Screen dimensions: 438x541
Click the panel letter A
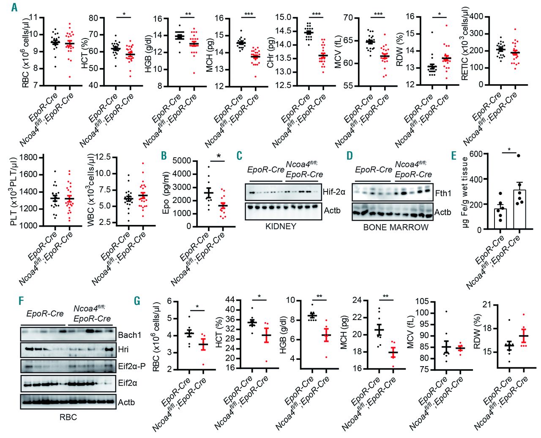[15, 7]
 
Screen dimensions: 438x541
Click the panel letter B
[164, 156]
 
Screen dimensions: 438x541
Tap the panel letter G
[137, 301]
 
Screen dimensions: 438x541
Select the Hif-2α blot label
[334, 192]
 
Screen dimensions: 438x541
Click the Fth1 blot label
[443, 193]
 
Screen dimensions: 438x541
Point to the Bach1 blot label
[130, 335]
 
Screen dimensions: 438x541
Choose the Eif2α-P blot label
[131, 366]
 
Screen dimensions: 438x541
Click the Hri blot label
[123, 350]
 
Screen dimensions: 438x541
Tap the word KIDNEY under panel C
[281, 226]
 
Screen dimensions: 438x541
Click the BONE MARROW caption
[396, 227]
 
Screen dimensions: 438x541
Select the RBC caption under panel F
[68, 417]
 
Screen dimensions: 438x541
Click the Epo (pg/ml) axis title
[166, 193]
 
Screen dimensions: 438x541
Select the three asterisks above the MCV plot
[378, 14]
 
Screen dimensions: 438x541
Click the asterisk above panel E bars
[509, 150]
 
